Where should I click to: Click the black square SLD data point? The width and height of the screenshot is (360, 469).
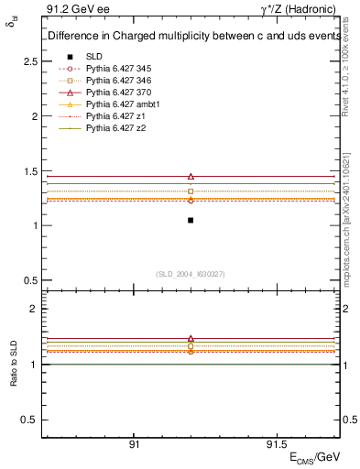191,220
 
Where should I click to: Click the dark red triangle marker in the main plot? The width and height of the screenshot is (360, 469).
191,176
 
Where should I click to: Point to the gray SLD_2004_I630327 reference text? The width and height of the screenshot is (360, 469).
191,273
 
